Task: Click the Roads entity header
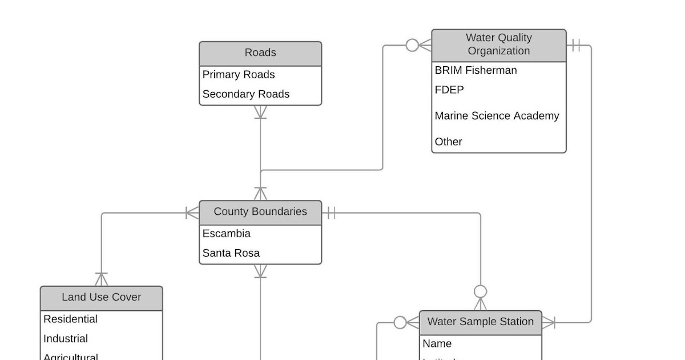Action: point(260,53)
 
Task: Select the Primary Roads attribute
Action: point(239,75)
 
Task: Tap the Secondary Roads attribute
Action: point(246,94)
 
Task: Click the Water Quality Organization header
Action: point(499,45)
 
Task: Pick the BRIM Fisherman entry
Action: point(476,70)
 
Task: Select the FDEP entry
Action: point(449,90)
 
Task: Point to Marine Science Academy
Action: point(497,116)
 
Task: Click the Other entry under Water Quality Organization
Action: point(449,142)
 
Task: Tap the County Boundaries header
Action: point(260,212)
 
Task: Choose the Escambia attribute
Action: point(227,234)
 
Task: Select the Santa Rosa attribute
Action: point(231,253)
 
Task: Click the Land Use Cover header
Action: point(102,298)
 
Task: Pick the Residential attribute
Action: point(71,319)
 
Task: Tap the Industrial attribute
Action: point(66,339)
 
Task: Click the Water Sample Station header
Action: point(480,322)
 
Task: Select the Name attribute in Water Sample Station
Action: point(437,344)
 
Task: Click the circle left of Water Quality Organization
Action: point(412,45)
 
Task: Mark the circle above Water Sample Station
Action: point(481,291)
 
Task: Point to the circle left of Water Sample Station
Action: point(400,323)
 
